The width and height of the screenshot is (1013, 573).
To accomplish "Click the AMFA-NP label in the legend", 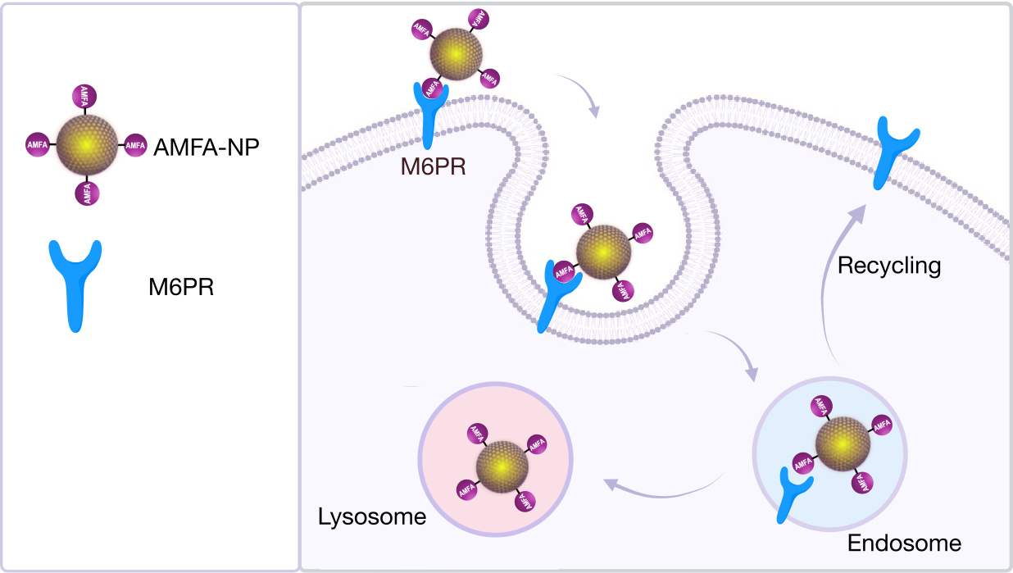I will click(206, 148).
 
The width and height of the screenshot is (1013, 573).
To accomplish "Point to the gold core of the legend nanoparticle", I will click(86, 144).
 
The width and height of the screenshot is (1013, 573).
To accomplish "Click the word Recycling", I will click(889, 266).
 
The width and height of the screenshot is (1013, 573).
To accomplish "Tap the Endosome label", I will click(904, 543).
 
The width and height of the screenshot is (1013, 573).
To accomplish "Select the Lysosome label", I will click(372, 517).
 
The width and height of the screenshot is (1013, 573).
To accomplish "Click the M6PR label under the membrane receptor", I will click(434, 167).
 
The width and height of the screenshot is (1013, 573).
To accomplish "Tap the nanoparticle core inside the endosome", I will click(843, 447).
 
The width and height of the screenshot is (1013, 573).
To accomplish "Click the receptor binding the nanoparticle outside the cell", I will click(429, 111).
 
